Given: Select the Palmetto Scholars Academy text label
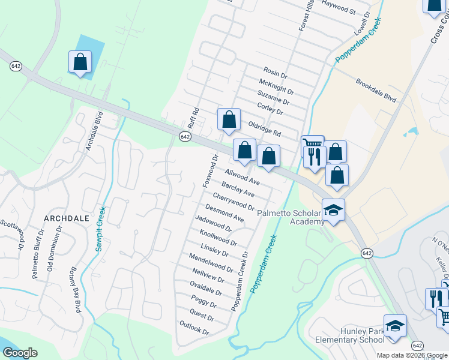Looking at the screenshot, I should click(291, 217).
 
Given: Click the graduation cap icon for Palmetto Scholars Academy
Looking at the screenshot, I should click(333, 210).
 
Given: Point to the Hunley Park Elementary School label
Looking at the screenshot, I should click(350, 335).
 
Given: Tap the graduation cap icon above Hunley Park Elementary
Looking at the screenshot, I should click(395, 326).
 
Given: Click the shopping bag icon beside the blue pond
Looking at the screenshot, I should click(80, 62).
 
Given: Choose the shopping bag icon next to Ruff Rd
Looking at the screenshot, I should click(229, 119).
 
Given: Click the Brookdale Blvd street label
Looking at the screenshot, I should click(376, 90).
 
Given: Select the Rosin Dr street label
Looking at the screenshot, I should click(276, 74).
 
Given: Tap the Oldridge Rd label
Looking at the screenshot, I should click(265, 128).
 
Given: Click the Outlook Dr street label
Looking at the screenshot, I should click(194, 328).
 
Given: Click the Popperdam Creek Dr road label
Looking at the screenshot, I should click(240, 280).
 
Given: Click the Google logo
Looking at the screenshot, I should click(20, 353).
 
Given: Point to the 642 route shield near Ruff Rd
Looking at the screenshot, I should click(185, 137).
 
